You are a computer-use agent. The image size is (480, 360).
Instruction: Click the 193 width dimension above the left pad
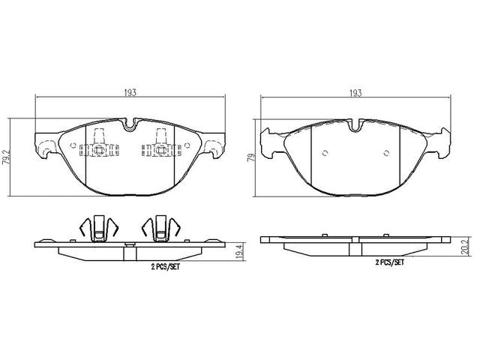[130, 93]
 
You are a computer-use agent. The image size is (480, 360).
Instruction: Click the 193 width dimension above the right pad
[355, 93]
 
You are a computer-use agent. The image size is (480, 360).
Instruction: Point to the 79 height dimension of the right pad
[251, 157]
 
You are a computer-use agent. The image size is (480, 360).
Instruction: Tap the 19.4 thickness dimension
[241, 252]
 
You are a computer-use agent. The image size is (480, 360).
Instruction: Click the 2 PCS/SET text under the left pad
[165, 267]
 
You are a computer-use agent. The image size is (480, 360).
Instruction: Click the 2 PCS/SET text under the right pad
[390, 262]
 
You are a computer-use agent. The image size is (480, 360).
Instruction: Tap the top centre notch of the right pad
[355, 126]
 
